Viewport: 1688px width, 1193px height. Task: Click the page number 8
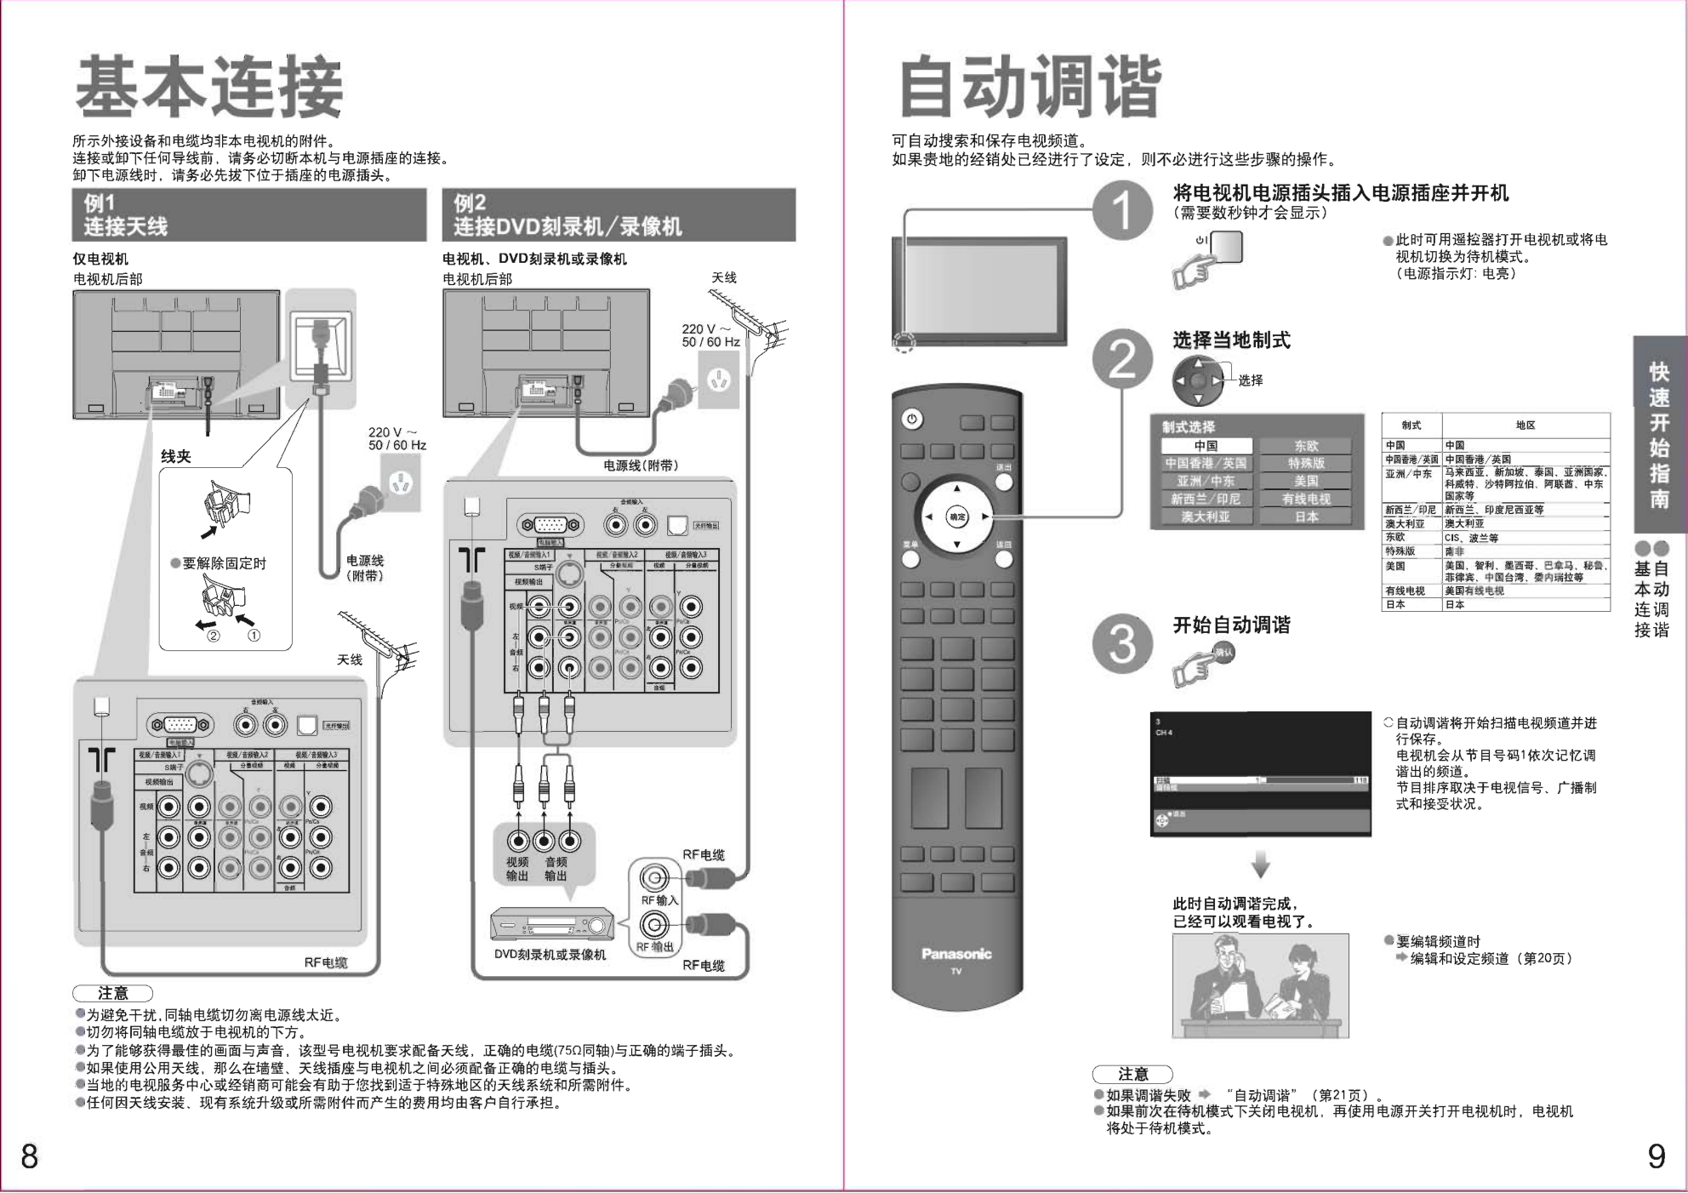pos(30,1156)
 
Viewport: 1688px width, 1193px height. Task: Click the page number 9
pos(1656,1156)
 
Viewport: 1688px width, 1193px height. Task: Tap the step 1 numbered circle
pos(1122,212)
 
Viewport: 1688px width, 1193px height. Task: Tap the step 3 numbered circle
pos(1122,643)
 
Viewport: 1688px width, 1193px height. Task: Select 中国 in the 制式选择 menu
pos(1206,446)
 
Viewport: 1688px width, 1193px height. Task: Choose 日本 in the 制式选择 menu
pos(1306,517)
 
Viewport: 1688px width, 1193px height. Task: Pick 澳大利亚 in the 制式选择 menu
pos(1206,517)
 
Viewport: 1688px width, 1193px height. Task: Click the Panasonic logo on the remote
pos(956,954)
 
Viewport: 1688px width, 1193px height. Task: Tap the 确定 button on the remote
pos(957,517)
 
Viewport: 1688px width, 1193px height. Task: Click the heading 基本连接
pos(209,87)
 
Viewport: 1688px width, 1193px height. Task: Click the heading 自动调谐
pos(1029,87)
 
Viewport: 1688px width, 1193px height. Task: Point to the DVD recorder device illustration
pos(551,924)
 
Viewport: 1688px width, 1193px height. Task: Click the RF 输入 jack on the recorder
pos(653,877)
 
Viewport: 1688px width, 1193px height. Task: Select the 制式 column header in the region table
pos(1411,425)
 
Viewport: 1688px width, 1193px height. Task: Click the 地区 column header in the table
pos(1525,425)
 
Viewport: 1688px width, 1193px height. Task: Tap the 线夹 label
pos(176,457)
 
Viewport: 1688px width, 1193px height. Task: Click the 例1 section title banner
pos(249,215)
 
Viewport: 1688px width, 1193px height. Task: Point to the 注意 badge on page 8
pos(112,993)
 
